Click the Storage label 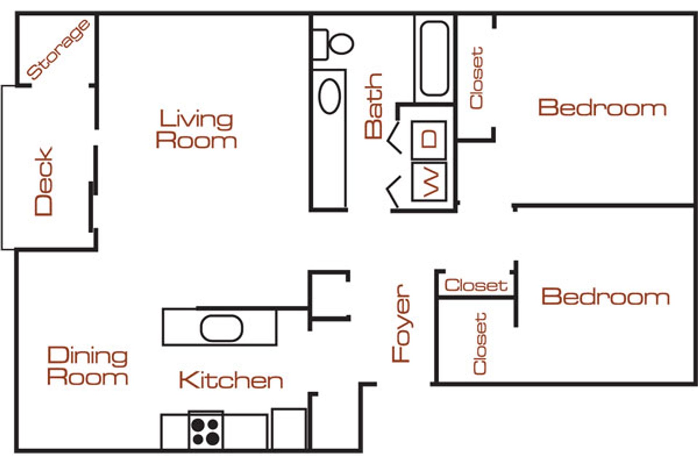click(x=58, y=50)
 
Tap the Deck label click(x=44, y=181)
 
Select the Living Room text click(x=196, y=130)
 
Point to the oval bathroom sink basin click(x=329, y=96)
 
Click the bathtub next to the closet click(x=434, y=58)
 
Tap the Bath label click(x=374, y=106)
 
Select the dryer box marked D click(x=429, y=139)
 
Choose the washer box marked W click(x=429, y=182)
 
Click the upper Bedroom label click(x=602, y=108)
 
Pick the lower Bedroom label click(x=605, y=296)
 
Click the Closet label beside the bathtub click(x=476, y=78)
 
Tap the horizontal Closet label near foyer click(x=476, y=285)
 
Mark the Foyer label click(x=401, y=323)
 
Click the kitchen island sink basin click(x=221, y=328)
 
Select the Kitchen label click(x=231, y=380)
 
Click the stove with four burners click(x=206, y=432)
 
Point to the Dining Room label click(x=88, y=366)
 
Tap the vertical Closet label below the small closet click(x=480, y=344)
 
